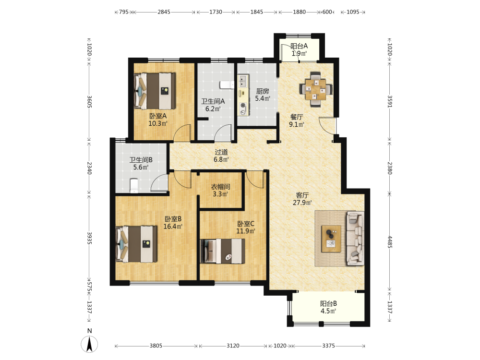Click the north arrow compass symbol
[x=89, y=344]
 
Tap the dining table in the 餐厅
[x=316, y=89]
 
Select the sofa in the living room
[x=355, y=238]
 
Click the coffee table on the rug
[x=331, y=239]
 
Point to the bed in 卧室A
[x=155, y=91]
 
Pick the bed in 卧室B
[x=136, y=244]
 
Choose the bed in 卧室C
[x=223, y=251]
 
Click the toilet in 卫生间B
[x=134, y=186]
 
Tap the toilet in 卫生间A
[x=227, y=84]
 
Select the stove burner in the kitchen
[x=243, y=105]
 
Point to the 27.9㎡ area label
[x=302, y=203]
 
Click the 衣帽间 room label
[x=220, y=186]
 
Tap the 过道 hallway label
[x=221, y=152]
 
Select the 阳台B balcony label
[x=328, y=304]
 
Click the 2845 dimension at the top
[x=164, y=12]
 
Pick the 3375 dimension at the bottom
[x=328, y=346]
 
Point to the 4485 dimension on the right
[x=390, y=241]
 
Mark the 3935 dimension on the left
[x=89, y=238]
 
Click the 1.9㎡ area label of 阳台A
[x=299, y=54]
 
